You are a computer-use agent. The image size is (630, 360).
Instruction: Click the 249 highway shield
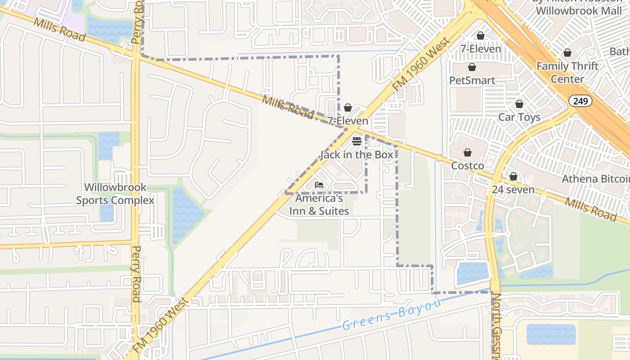click(580, 101)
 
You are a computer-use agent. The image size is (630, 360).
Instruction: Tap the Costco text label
click(468, 166)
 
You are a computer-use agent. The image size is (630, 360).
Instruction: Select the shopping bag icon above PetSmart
click(472, 67)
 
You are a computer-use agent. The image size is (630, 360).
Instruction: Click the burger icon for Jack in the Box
click(357, 141)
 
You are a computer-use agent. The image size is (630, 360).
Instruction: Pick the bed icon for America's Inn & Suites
click(319, 185)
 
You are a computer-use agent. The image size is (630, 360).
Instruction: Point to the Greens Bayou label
click(391, 316)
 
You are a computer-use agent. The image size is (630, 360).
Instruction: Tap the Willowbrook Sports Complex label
click(115, 193)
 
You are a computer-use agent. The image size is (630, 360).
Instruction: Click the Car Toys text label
click(519, 117)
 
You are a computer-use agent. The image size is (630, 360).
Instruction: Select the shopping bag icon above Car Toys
click(519, 104)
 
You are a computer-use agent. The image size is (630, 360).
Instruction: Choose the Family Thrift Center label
click(567, 72)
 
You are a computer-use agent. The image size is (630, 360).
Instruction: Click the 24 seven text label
click(513, 189)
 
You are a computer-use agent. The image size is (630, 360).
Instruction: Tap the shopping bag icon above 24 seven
click(513, 176)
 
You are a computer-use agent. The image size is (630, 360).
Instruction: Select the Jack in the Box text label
click(357, 155)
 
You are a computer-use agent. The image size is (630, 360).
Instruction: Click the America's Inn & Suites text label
click(319, 204)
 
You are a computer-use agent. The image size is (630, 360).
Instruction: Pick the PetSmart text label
click(472, 81)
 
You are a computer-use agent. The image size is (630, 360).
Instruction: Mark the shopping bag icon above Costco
click(468, 153)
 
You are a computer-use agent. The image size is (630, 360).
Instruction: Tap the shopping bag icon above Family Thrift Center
click(567, 53)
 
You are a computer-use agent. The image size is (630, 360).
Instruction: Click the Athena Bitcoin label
click(595, 179)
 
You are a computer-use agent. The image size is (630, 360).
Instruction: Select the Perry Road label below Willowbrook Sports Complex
click(136, 274)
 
